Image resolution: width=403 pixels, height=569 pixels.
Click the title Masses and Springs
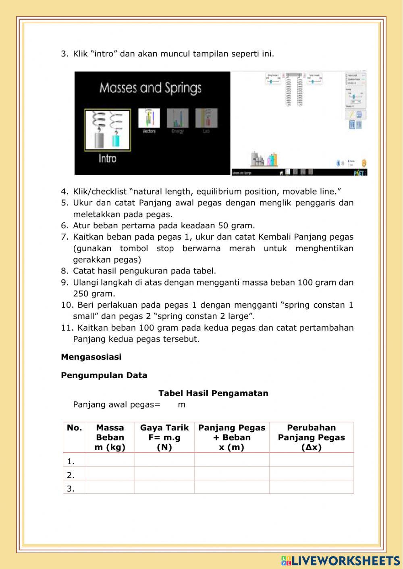click(x=150, y=88)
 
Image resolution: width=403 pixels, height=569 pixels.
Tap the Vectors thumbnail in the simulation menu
click(x=149, y=118)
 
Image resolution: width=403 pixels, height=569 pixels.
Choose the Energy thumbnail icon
click(x=178, y=118)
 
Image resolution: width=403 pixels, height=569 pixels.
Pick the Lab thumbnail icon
click(x=206, y=118)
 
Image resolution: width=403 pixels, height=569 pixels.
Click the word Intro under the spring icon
click(x=107, y=158)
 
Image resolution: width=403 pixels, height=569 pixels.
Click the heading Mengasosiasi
click(x=91, y=357)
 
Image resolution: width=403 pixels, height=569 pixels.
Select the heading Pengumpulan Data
click(x=104, y=375)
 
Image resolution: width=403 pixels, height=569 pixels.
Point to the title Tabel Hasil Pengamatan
click(x=213, y=393)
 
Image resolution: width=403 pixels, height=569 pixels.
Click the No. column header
click(x=74, y=428)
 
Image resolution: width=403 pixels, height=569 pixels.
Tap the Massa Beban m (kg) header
click(x=110, y=437)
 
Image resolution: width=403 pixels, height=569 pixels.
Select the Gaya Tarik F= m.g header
click(x=164, y=437)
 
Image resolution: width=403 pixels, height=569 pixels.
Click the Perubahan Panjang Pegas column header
click(x=311, y=437)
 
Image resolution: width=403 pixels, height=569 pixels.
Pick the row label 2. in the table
click(x=71, y=475)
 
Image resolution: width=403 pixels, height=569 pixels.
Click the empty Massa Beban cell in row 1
click(x=110, y=460)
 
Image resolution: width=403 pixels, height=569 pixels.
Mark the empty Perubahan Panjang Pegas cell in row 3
click(x=311, y=488)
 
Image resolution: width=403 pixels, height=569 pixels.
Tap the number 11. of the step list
click(x=66, y=328)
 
